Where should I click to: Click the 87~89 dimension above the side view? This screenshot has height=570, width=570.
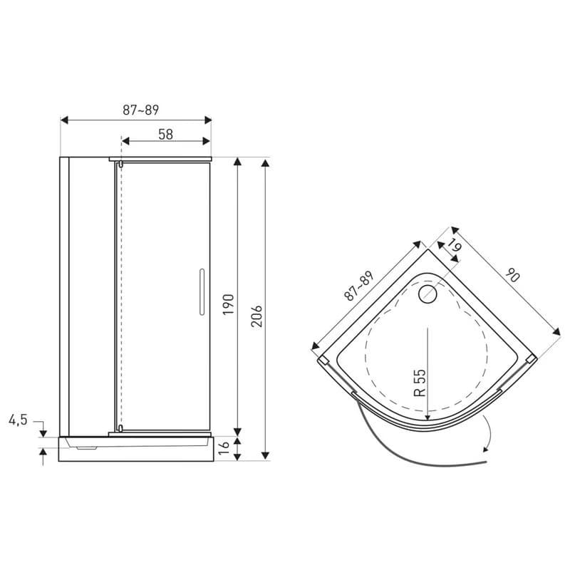[140, 110]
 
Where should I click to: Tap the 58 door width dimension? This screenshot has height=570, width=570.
[166, 135]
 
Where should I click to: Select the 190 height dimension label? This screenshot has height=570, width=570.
[228, 304]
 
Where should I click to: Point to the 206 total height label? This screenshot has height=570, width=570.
[256, 316]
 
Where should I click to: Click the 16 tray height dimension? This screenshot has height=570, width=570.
[224, 447]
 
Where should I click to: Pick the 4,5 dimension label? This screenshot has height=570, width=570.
[19, 420]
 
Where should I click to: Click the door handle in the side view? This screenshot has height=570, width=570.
[202, 292]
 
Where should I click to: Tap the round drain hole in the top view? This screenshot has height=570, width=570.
[427, 294]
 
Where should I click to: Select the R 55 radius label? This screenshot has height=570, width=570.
[419, 383]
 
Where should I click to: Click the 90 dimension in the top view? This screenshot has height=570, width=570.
[513, 275]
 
